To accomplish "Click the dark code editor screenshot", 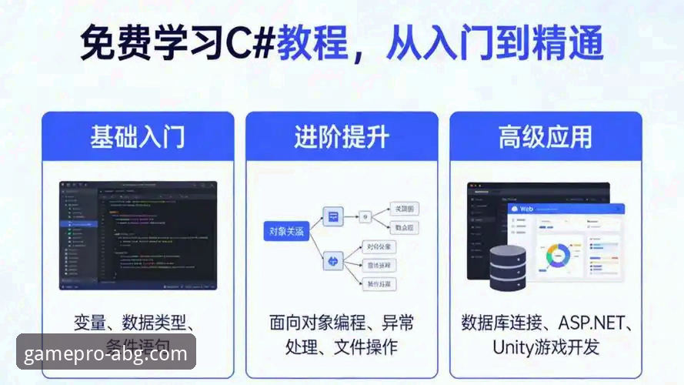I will [x=138, y=236].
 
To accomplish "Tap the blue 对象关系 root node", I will [x=285, y=231].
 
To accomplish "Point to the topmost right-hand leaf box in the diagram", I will [x=403, y=209].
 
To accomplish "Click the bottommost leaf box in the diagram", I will [x=380, y=284].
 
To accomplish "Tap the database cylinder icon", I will [x=508, y=267].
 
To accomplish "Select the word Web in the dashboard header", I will [x=526, y=209].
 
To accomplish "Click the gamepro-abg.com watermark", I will [x=106, y=354].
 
